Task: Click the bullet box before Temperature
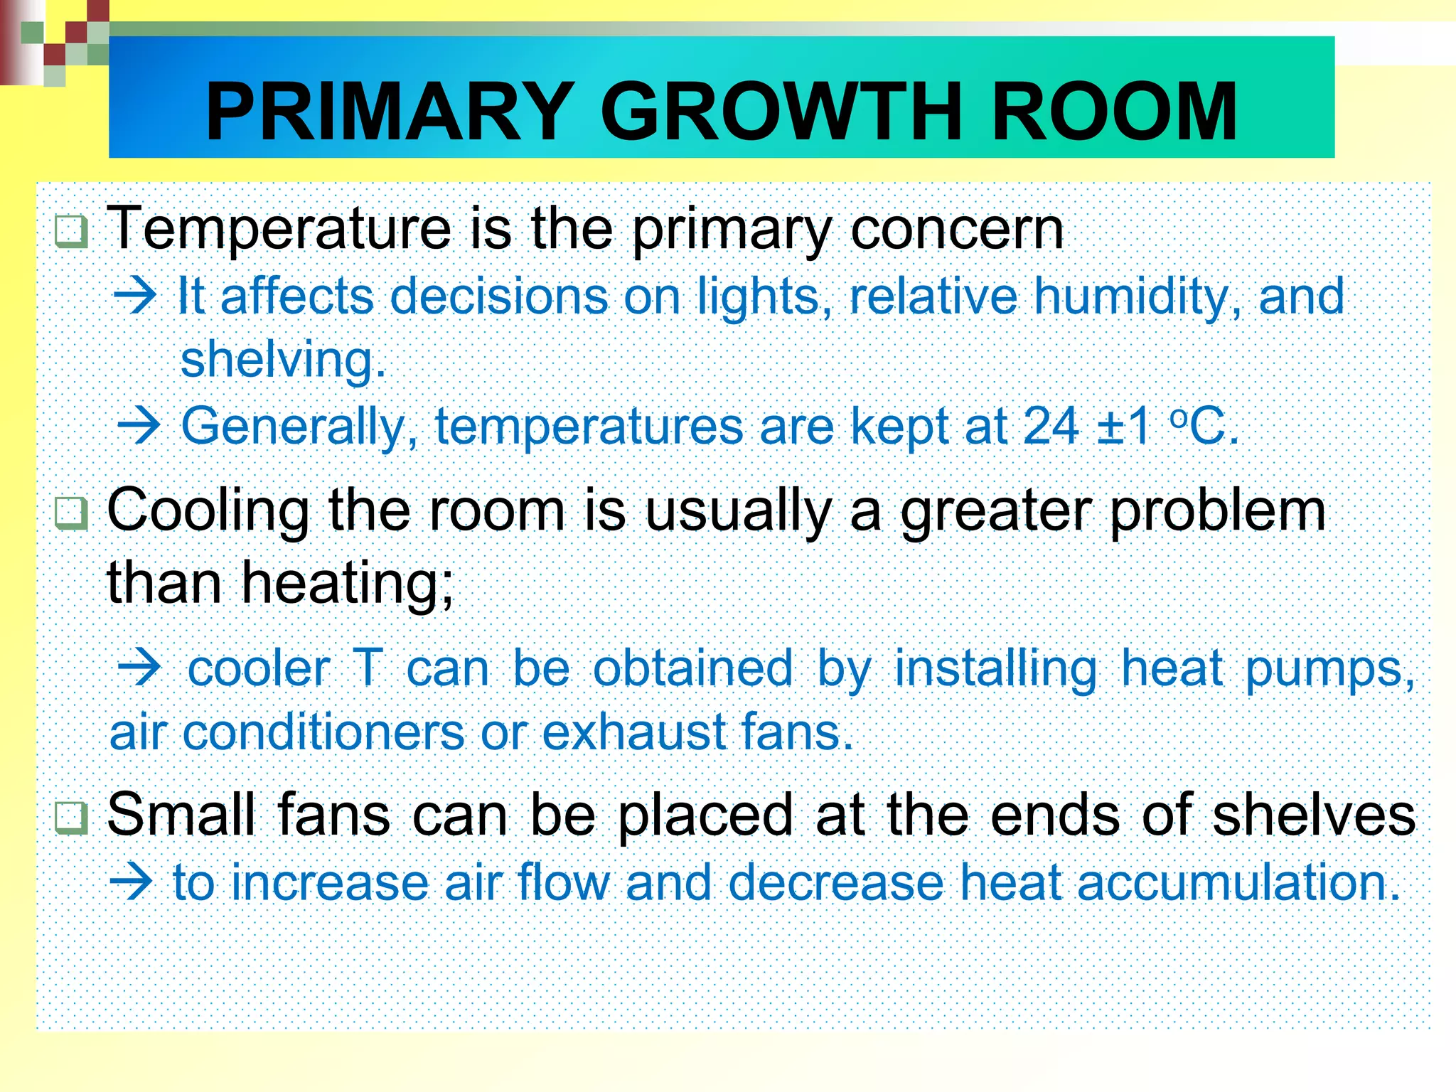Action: click(71, 232)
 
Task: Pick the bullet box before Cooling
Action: click(71, 513)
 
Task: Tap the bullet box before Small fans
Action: click(71, 818)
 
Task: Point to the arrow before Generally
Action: click(139, 426)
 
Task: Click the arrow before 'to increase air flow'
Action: click(132, 882)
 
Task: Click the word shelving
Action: click(282, 360)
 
